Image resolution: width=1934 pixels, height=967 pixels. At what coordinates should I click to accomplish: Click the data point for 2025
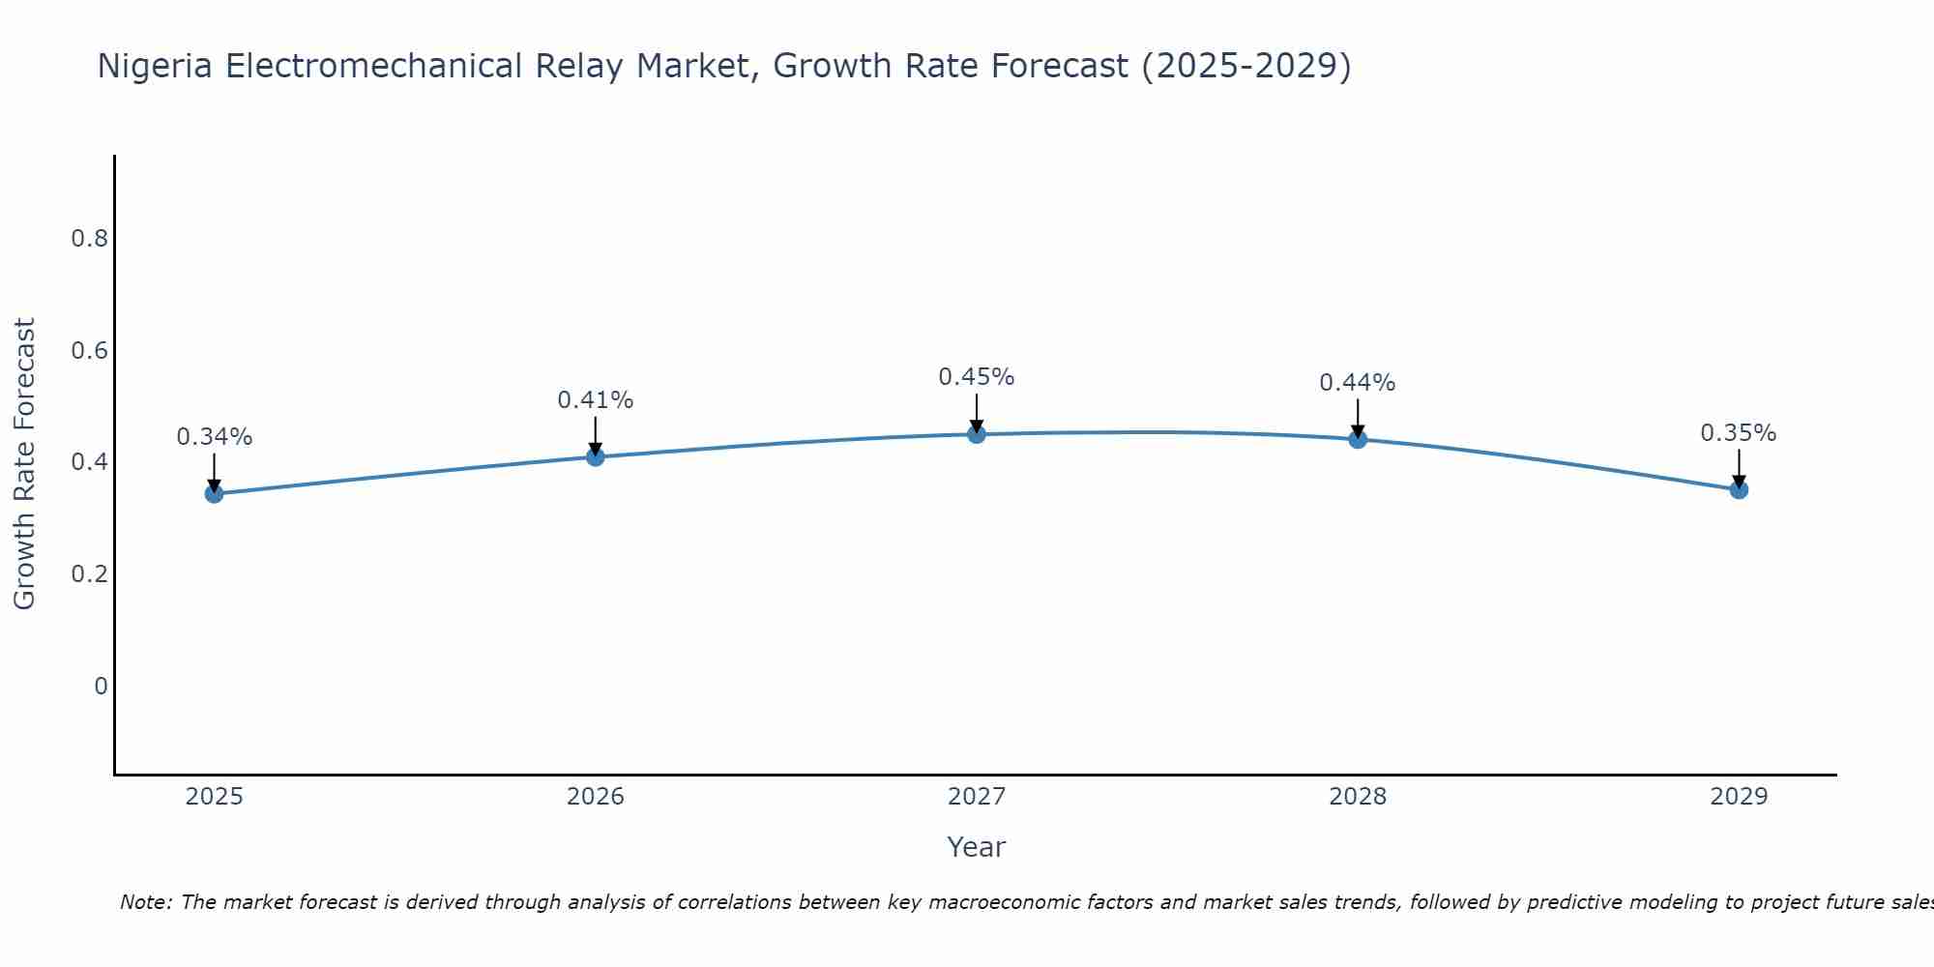pos(215,494)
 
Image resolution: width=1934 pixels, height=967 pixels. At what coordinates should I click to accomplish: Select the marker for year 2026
pos(596,456)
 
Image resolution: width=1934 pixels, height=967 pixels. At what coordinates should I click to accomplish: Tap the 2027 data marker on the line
pos(977,434)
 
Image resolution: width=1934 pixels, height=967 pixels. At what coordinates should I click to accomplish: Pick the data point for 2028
pos(1358,440)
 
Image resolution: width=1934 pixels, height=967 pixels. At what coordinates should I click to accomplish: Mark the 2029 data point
pos(1739,490)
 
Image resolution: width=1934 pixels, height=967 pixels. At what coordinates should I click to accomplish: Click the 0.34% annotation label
pos(215,437)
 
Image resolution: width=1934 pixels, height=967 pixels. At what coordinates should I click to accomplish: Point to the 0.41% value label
pos(596,400)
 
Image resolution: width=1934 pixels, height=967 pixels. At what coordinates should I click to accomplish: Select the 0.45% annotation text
pos(977,377)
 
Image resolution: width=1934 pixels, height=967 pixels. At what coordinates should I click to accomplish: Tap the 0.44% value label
pos(1358,383)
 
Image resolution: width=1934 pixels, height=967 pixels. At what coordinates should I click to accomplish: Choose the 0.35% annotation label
pos(1739,433)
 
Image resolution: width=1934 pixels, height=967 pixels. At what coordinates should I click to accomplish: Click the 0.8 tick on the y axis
pos(89,239)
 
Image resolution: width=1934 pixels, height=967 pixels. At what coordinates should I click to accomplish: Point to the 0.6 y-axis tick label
pos(89,351)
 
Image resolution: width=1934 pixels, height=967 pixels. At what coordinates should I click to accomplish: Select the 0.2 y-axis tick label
pos(89,574)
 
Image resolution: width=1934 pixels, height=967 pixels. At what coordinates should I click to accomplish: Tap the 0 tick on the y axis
pos(101,687)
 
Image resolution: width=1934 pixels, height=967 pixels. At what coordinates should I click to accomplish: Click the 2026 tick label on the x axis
pos(596,797)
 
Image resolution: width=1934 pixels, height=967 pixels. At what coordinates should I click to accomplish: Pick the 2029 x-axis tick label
pos(1739,797)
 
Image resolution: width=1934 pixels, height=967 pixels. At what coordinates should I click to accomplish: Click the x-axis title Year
pos(977,847)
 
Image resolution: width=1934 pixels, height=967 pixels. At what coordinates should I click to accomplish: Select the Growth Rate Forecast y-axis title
pos(25,464)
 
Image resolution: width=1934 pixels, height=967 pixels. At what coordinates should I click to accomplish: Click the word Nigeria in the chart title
pos(156,66)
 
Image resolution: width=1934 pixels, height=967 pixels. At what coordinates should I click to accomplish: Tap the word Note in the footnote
pos(144,902)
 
